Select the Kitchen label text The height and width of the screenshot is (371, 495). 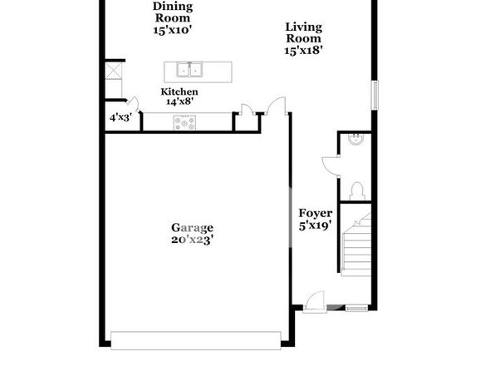tap(179, 92)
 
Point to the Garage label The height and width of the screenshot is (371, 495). tap(192, 228)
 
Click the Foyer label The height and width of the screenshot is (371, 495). tap(316, 214)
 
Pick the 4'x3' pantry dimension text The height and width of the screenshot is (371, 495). tap(120, 118)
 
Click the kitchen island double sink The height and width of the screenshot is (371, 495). tap(189, 70)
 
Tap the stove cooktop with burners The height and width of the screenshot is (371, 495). tap(184, 123)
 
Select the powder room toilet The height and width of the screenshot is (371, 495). tap(357, 190)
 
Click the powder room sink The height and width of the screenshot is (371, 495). tap(356, 139)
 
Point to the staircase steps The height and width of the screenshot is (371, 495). tap(356, 245)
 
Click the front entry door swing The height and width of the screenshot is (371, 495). tap(315, 301)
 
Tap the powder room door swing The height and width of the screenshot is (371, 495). tap(331, 166)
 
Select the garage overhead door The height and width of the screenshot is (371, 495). tap(196, 340)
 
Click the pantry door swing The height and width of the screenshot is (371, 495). tap(133, 103)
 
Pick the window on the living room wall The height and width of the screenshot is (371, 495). tap(375, 95)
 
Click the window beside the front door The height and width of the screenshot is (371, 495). tap(356, 308)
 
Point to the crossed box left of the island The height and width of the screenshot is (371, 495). tap(113, 71)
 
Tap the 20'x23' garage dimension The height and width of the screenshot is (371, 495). tap(192, 240)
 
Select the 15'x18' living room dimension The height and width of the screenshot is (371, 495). tap(303, 51)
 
